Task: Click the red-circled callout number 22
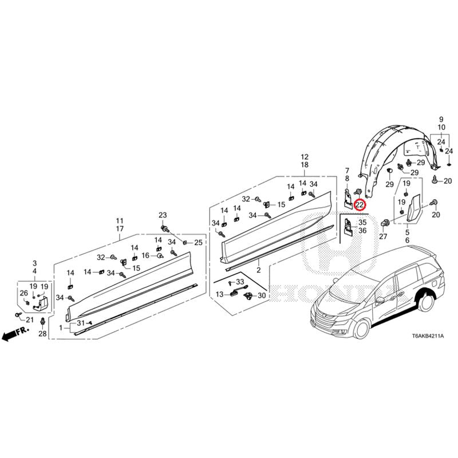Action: [360, 204]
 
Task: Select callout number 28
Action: [42, 333]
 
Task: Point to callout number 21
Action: [29, 319]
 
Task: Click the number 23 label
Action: [163, 215]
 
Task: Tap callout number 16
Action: [145, 255]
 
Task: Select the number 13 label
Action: [220, 294]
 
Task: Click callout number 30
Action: [262, 295]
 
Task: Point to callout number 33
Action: [239, 282]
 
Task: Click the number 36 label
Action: [362, 230]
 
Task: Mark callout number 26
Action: [23, 293]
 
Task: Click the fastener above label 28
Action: [42, 321]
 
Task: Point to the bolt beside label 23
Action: [166, 228]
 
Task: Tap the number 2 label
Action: [258, 270]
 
